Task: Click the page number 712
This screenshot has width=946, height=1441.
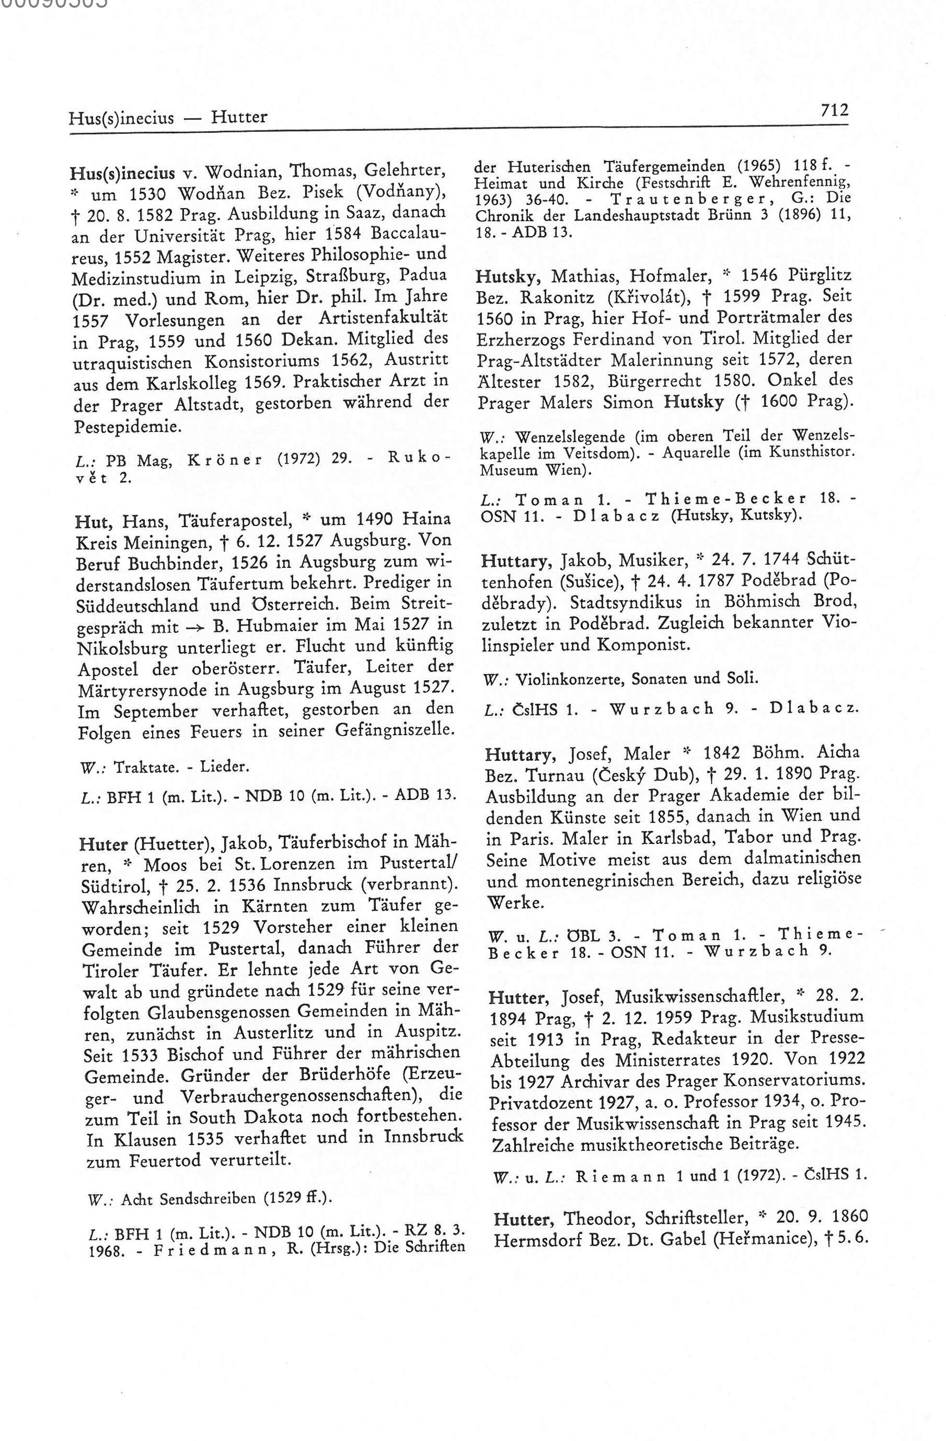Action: coord(834,110)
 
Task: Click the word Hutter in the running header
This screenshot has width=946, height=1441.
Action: coord(239,116)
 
